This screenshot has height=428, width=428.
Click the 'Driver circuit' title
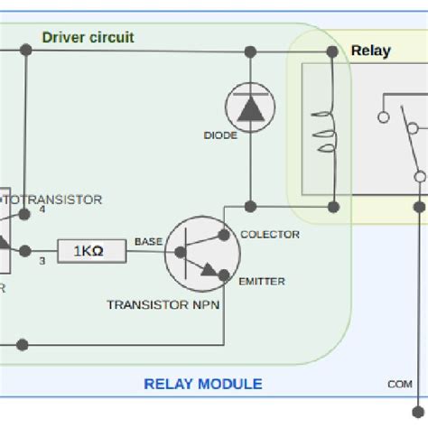pos(88,37)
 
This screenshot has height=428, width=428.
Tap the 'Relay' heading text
pos(370,51)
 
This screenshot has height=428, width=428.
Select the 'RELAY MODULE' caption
pos(203,384)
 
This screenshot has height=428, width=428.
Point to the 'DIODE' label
pos(220,135)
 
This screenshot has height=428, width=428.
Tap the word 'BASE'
pos(148,241)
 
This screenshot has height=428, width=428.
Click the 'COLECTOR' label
pos(269,234)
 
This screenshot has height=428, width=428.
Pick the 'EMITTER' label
pos(262,282)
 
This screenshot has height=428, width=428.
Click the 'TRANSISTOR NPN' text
pos(163,304)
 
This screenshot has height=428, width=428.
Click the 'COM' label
pos(400,384)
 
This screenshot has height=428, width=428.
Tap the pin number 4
pos(42,210)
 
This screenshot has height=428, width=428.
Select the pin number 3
pos(42,262)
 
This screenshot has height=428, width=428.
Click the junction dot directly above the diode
pos(249,51)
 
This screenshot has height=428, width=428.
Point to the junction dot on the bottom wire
pos(23,344)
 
